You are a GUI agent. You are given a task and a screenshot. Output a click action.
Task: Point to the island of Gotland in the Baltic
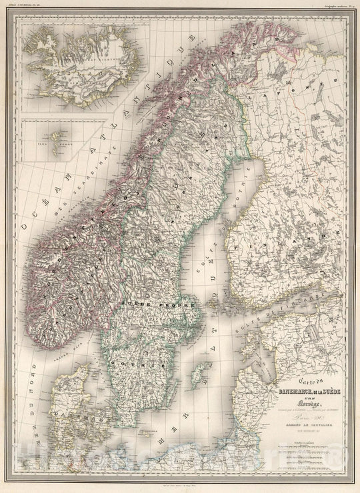pyautogui.click(x=197, y=376)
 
